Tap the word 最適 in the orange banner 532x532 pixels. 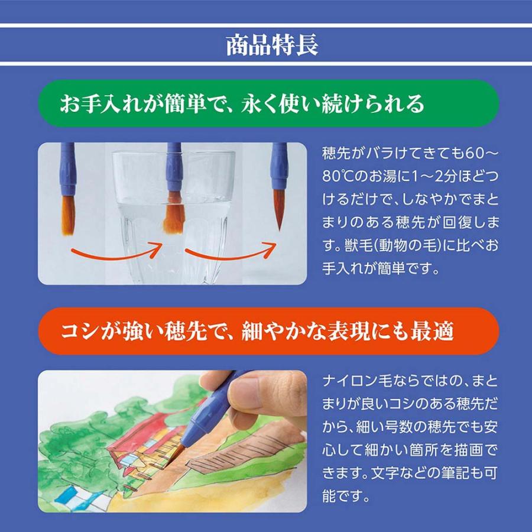(434, 331)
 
